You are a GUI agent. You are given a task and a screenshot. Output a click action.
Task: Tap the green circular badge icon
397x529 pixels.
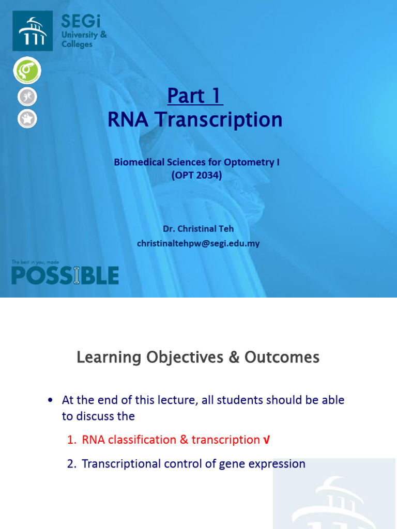[x=27, y=71]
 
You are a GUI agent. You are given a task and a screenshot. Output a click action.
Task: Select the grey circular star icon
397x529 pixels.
[x=27, y=119]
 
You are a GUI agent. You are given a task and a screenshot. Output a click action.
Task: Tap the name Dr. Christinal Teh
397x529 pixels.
[x=198, y=229]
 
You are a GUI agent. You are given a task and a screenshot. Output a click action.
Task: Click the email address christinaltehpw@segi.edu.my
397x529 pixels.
[x=198, y=243]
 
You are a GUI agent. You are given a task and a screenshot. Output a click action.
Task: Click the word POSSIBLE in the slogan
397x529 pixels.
[x=65, y=276]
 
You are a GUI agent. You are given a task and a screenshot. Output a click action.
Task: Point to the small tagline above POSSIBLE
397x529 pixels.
[x=39, y=262]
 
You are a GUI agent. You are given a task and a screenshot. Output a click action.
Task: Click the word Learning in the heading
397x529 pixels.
[x=109, y=357]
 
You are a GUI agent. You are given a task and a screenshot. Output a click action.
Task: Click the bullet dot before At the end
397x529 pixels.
[x=50, y=400]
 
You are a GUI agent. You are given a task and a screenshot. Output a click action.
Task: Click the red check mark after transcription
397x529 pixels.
[x=266, y=440]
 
